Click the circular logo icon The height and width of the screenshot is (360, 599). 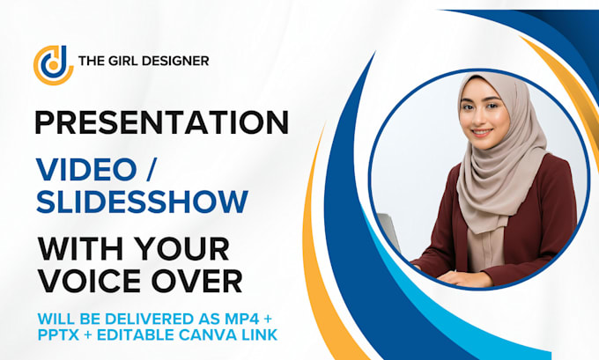click(54, 65)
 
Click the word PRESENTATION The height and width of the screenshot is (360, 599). click(161, 122)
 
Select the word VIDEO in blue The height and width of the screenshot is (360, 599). click(86, 169)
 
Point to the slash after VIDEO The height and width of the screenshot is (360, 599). click(149, 169)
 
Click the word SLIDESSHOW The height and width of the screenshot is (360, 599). click(142, 202)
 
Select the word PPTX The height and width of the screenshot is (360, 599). click(58, 335)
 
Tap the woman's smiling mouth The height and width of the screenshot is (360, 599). click(481, 133)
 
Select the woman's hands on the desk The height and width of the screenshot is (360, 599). click(458, 278)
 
